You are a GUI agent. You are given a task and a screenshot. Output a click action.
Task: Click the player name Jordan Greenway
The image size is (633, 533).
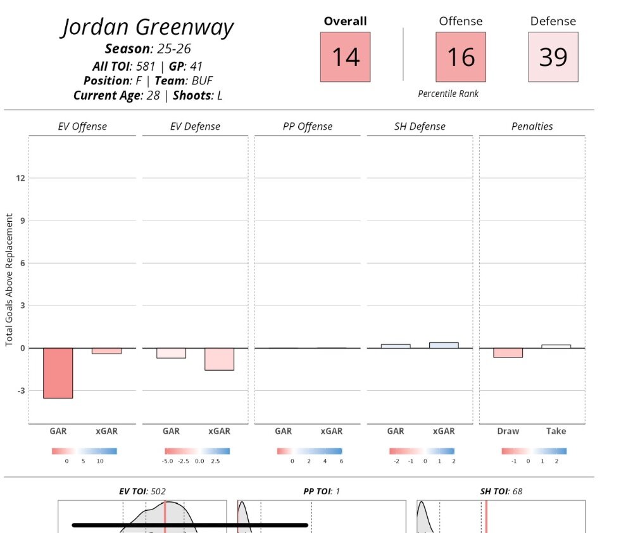point(147,28)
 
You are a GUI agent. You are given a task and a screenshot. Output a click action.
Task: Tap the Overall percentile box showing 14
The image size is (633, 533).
point(345,57)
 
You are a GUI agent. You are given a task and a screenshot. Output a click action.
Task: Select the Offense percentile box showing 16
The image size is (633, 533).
point(461,57)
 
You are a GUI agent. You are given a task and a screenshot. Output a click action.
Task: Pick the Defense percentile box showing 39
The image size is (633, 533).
point(553,57)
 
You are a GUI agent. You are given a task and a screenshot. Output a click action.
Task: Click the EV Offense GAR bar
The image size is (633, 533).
point(58,373)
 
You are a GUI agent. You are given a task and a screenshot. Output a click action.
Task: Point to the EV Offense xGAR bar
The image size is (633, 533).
point(106,350)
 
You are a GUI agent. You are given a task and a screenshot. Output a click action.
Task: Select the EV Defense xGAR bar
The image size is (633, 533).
point(219,359)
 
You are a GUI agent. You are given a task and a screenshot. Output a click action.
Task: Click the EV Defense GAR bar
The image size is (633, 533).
point(171,353)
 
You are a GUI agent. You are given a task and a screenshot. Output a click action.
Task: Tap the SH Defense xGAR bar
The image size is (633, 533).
point(444,345)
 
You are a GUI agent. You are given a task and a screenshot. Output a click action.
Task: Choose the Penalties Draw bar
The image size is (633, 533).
point(508,352)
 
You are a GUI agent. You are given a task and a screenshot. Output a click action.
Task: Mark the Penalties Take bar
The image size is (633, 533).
point(556,346)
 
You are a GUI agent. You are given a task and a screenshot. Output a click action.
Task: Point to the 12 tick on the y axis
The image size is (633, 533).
point(21,178)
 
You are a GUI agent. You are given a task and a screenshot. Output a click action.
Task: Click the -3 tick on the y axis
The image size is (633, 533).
point(20,390)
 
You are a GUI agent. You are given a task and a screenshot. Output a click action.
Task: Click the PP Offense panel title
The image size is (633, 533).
point(307,127)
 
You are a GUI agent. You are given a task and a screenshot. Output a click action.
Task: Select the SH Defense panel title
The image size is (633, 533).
point(420,127)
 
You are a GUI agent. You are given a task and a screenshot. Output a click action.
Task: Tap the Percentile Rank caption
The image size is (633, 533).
point(448,94)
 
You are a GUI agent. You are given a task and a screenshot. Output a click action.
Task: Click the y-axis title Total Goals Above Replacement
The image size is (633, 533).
point(9,279)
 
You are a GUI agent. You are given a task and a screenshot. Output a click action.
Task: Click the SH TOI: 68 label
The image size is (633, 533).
point(501,491)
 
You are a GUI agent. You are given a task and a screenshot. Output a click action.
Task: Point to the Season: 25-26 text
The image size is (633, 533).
point(147,49)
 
